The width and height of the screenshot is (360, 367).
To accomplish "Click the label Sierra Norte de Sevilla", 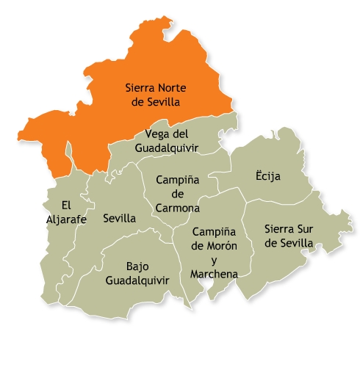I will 154,95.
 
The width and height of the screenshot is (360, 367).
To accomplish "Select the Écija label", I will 269,177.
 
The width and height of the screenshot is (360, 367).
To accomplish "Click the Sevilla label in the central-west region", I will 119,218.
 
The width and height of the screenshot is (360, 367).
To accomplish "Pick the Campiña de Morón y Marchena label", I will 214,252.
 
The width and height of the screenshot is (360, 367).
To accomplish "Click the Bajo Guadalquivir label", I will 137,273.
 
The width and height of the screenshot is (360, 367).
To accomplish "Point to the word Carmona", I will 176,208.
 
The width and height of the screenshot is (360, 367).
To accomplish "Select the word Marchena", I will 213,274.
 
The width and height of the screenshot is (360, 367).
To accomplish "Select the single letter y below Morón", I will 215,261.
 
